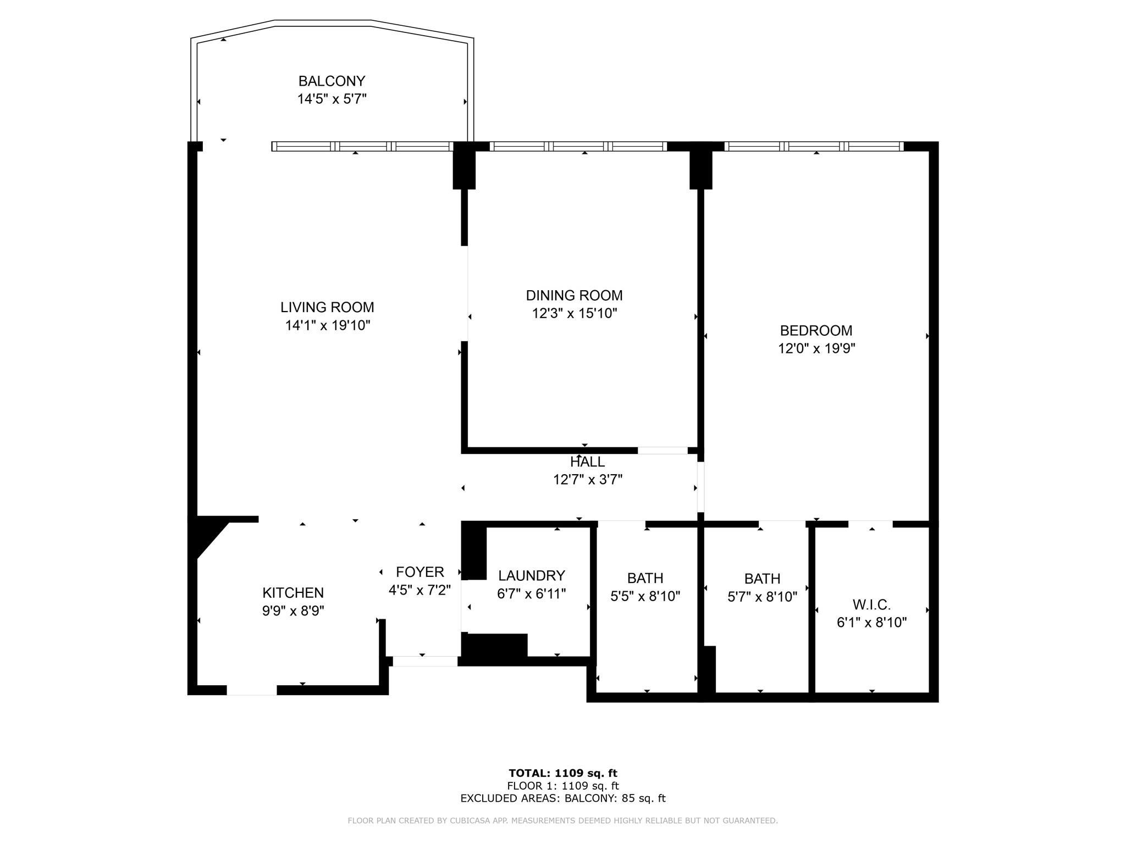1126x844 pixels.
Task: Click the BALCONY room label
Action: point(332,81)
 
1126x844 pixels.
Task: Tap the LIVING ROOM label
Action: point(327,307)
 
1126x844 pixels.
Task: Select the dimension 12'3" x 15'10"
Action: point(575,314)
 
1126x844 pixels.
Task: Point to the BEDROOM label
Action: point(816,331)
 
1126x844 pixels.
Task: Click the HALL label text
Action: point(587,462)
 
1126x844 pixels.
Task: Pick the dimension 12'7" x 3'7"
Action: point(588,480)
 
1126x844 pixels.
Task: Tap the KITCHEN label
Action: point(293,593)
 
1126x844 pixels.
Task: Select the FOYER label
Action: point(420,572)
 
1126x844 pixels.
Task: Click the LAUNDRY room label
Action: point(532,576)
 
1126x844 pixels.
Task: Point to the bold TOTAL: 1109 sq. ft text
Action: point(563,774)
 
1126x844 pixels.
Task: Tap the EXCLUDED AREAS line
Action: point(563,798)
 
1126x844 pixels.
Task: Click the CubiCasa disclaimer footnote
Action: point(563,821)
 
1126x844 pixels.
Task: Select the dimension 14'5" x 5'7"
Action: point(332,99)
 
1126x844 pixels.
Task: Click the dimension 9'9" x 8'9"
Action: point(293,611)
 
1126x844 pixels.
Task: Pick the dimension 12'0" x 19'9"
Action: point(816,349)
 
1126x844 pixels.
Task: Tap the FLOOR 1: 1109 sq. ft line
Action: point(563,786)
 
